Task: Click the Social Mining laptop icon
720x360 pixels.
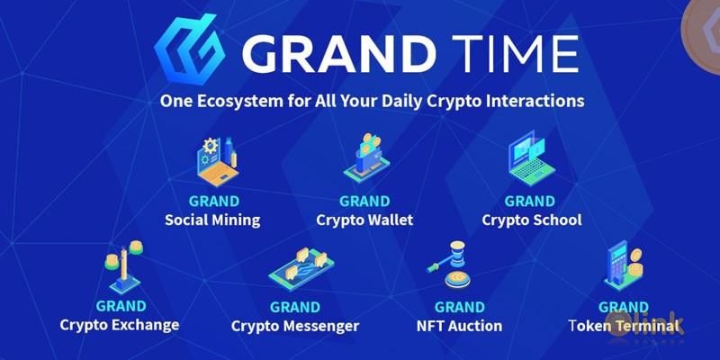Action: coord(216,160)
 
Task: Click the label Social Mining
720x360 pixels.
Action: coord(212,220)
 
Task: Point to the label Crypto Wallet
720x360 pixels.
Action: coord(364,220)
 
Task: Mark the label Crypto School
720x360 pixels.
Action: coord(531,220)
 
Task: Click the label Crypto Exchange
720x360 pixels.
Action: coord(120,325)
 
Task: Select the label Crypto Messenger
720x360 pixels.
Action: coord(295,326)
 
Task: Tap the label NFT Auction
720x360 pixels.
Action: coord(460,326)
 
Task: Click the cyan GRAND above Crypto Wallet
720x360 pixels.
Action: coord(364,202)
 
